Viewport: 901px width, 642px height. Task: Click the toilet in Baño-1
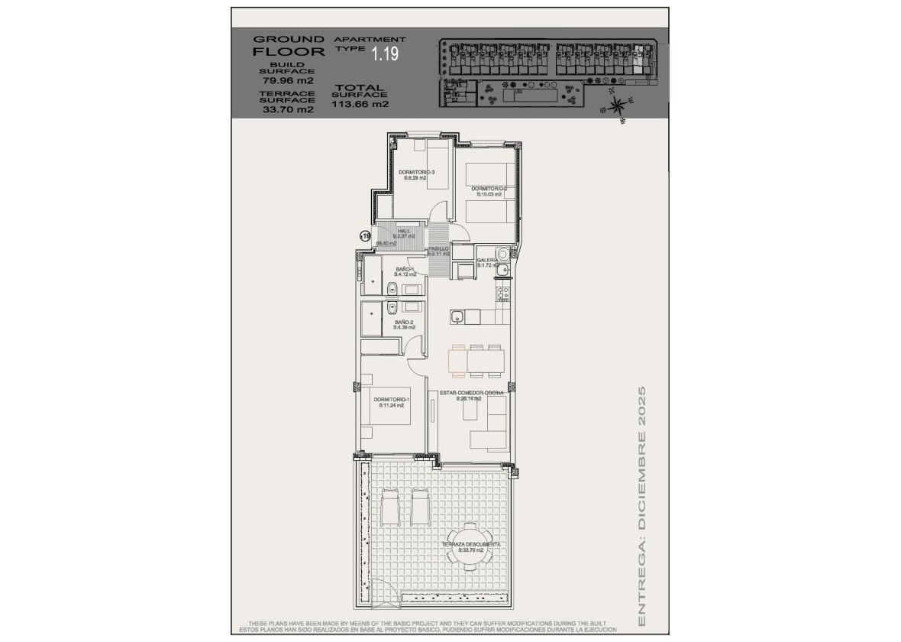click(392, 288)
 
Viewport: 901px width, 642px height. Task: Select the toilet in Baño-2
click(392, 307)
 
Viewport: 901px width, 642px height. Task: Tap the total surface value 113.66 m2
click(360, 105)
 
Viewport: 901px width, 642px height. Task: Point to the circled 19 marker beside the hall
click(365, 237)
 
